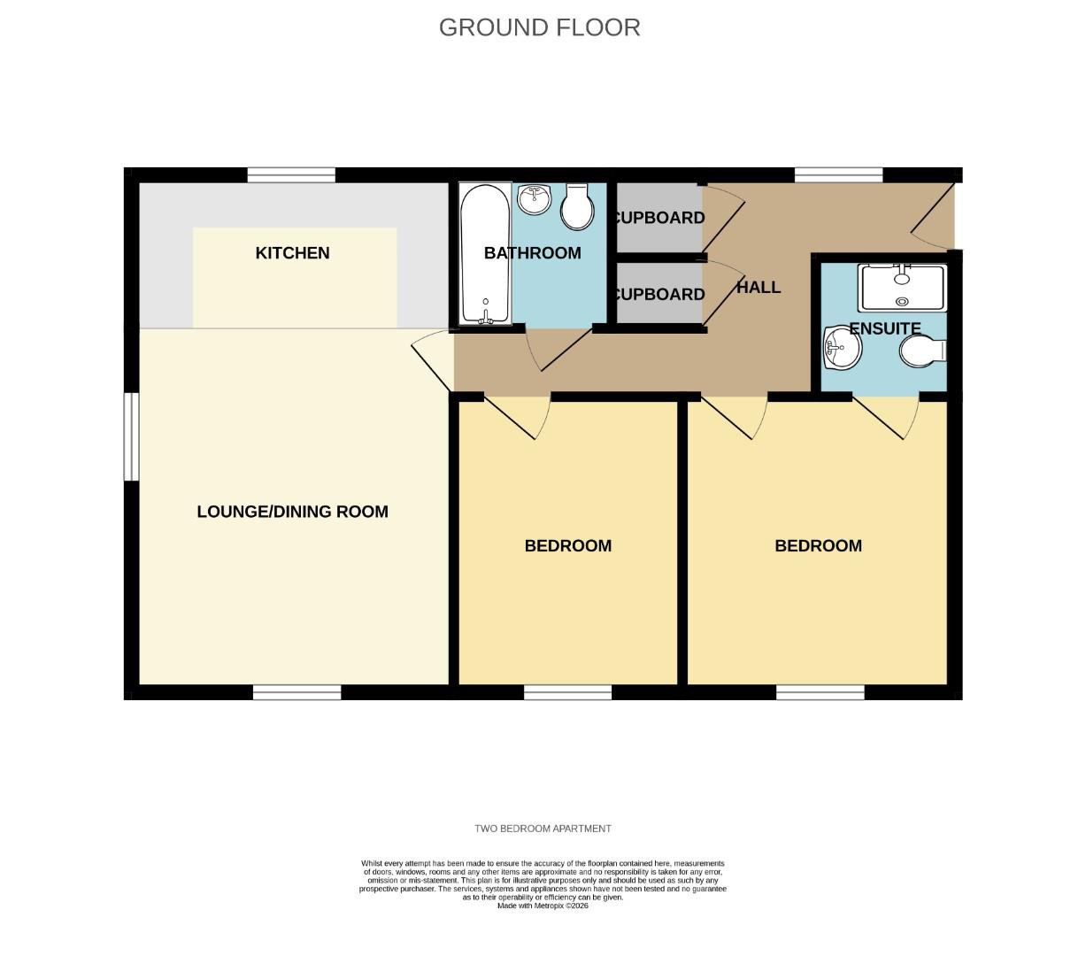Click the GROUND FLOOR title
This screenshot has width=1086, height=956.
click(539, 27)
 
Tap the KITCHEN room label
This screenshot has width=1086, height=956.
click(292, 253)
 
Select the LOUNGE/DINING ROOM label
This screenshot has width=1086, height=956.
click(292, 512)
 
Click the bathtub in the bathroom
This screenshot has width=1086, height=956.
click(485, 253)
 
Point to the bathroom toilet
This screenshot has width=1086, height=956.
click(577, 207)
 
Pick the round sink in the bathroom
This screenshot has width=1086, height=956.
click(535, 200)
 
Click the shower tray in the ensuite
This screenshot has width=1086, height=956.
click(902, 288)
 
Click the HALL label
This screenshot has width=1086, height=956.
click(759, 288)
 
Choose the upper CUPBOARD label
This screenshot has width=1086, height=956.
click(659, 218)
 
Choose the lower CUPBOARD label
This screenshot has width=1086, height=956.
click(659, 295)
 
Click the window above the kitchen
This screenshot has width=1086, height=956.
click(291, 175)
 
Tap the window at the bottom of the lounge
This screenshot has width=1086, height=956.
click(297, 692)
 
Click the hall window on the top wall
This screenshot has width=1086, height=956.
click(838, 175)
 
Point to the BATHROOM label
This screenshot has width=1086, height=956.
click(532, 253)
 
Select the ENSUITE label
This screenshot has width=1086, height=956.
click(885, 328)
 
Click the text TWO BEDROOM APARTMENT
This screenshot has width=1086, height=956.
click(543, 829)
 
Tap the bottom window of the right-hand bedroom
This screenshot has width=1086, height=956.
click(820, 692)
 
